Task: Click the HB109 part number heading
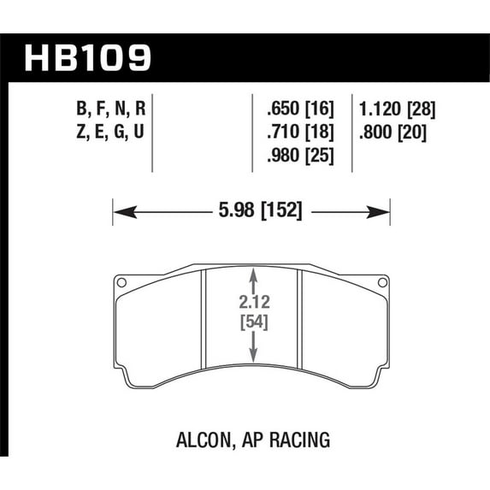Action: (x=89, y=58)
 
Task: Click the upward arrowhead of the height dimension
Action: (x=253, y=275)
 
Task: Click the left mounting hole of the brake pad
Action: (x=121, y=284)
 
